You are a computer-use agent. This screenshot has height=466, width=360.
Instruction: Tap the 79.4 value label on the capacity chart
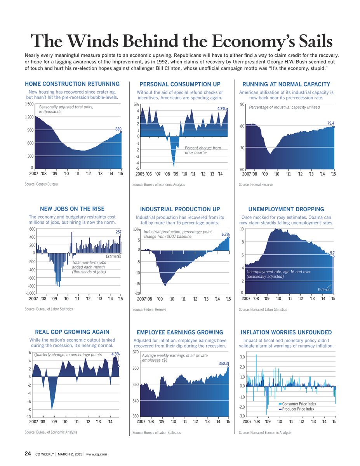coord(330,123)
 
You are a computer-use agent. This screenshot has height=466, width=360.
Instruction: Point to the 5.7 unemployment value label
coord(332,253)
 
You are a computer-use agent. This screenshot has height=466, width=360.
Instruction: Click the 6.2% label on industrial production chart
coord(226,235)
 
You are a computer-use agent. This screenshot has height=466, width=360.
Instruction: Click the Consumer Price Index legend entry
coord(296,404)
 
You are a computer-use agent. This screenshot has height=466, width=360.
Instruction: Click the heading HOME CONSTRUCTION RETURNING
coord(72,84)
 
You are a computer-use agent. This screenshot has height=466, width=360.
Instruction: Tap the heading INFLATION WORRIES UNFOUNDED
coord(286,332)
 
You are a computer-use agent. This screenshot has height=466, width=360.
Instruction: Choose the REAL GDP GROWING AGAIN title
coord(72,332)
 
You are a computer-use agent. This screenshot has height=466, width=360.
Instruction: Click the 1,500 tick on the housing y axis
coord(29,104)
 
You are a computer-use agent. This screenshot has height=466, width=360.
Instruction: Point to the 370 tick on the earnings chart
coord(136,352)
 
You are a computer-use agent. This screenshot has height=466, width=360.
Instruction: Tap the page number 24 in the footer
coord(28,453)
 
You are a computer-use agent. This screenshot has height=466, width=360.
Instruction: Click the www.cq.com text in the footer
coord(96,454)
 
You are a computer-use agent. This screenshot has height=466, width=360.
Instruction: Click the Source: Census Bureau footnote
coord(41,184)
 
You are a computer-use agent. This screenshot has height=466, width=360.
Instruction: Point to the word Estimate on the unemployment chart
coord(325,290)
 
